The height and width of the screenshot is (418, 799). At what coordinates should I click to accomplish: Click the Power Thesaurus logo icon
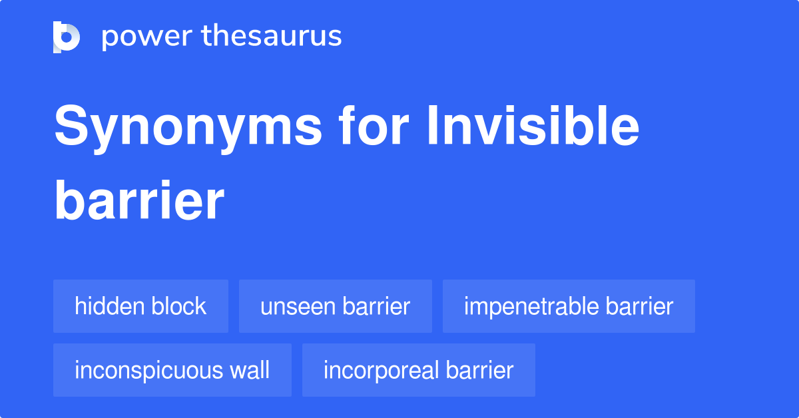[x=67, y=37]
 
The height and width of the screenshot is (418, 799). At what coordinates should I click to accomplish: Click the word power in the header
[x=147, y=37]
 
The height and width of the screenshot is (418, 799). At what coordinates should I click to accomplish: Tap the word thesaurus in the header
[x=272, y=35]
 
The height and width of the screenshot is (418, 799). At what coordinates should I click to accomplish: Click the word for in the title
[x=374, y=125]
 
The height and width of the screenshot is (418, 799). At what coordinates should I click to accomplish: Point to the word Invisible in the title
[x=533, y=125]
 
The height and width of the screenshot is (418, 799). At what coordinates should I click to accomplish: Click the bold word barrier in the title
[x=139, y=200]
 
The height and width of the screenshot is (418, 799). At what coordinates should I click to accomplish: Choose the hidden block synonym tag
[x=140, y=306]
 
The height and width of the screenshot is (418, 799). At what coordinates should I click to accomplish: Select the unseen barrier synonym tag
[x=336, y=306]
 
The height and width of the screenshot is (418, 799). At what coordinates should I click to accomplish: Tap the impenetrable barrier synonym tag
[x=569, y=306]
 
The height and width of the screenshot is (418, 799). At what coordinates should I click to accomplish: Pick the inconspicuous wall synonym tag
[x=172, y=370]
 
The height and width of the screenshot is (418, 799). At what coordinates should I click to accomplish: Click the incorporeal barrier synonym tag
[x=418, y=370]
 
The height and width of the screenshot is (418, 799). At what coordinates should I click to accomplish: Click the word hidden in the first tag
[x=109, y=306]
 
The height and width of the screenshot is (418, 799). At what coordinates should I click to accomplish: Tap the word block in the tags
[x=178, y=306]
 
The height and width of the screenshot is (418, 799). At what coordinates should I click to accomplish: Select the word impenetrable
[x=531, y=307]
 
